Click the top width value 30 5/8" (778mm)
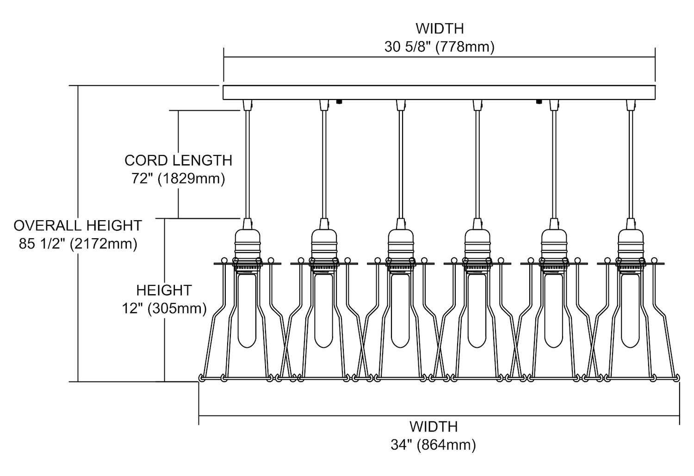coord(439,47)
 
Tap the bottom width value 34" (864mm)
coord(433,445)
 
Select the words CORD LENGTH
coord(178,161)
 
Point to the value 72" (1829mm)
coord(178,179)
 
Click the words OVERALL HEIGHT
coord(78,226)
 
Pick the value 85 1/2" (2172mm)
coord(78,244)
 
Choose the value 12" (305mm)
coord(164,308)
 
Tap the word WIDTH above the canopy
coord(439,29)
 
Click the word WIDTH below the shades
coord(433,427)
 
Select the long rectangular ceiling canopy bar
coord(439,93)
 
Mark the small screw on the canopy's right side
coord(539,101)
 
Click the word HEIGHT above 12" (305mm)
coord(164,291)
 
